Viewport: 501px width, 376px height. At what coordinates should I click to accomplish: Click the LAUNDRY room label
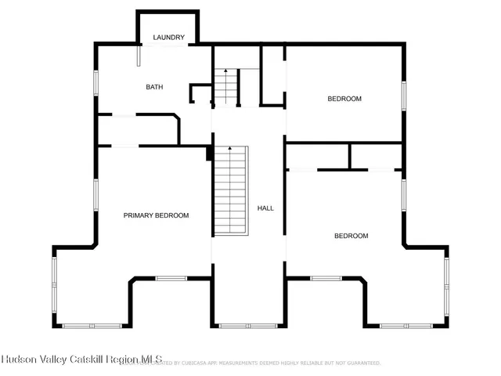coord(168,38)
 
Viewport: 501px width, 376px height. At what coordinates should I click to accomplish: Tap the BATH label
coord(154,87)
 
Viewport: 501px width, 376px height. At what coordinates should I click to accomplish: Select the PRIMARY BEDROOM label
coord(156,215)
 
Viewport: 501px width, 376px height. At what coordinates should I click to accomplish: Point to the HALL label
coord(265,208)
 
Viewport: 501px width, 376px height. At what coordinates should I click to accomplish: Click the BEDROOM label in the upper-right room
coord(344,99)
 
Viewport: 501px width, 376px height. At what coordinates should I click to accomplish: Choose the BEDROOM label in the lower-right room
coord(351,236)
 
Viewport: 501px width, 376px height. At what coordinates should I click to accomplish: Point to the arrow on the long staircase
coord(229,149)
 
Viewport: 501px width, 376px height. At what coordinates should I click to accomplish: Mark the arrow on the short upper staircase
coord(226,73)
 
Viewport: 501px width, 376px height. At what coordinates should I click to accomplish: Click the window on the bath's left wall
coord(96,84)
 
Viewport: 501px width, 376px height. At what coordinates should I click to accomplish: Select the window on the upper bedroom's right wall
coord(404,94)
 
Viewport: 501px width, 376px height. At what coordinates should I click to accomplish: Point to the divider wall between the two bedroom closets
coord(349,157)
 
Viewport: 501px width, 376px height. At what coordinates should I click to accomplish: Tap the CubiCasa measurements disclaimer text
coord(274,363)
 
